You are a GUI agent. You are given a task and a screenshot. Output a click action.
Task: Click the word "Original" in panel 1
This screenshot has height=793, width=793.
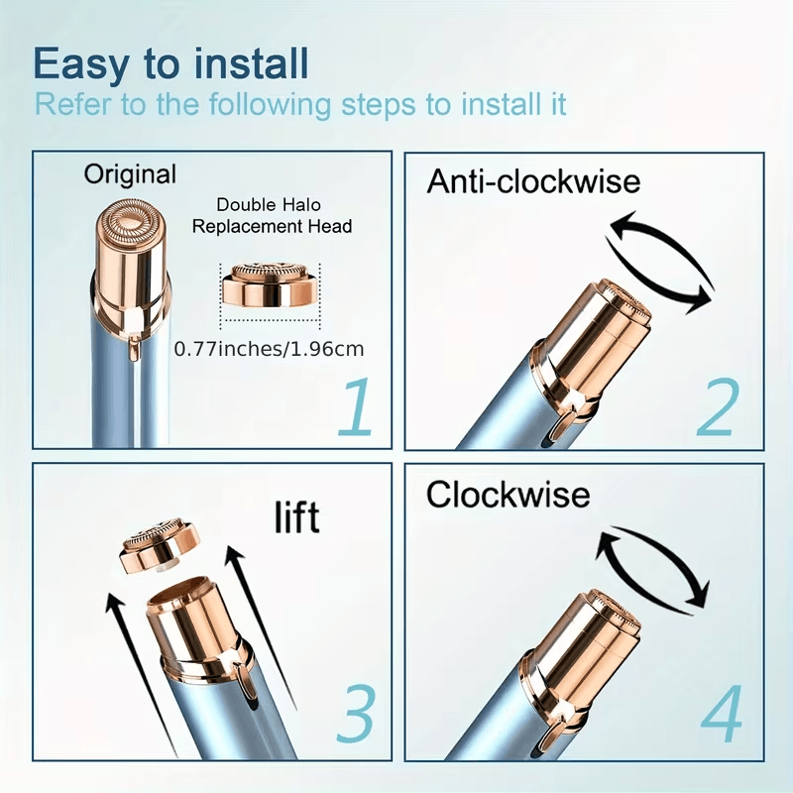tap(130, 175)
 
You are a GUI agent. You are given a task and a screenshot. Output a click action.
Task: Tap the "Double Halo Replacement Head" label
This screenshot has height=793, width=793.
tap(272, 216)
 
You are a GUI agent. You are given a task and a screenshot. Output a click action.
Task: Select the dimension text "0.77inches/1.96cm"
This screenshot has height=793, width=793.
tap(268, 349)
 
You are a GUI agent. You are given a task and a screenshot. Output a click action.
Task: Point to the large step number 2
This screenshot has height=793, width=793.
tap(717, 407)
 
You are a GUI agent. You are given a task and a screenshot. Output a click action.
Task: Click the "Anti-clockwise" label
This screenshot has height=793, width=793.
tap(533, 182)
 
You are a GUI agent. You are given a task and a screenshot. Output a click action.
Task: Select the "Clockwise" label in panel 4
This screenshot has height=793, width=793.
tap(508, 494)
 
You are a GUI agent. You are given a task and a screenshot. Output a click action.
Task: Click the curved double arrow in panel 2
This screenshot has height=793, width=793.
tap(661, 261)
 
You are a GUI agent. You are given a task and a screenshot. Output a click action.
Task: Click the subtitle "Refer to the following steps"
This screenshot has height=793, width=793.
tap(300, 104)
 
